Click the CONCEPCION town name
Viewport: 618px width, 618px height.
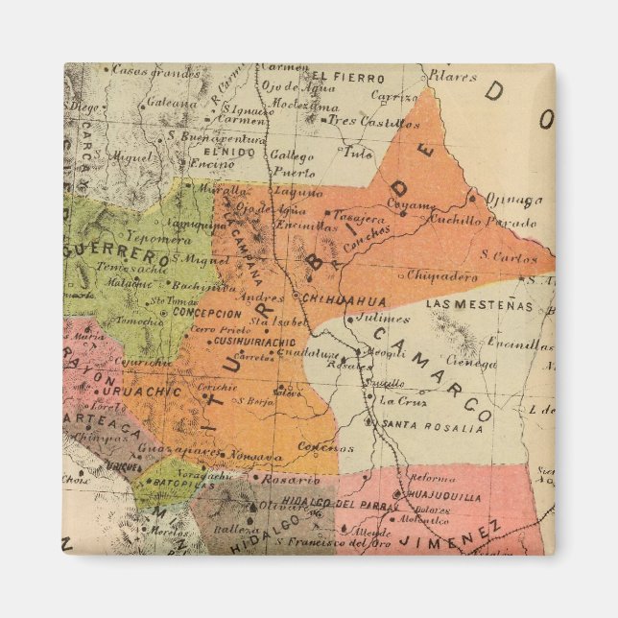[x=207, y=313]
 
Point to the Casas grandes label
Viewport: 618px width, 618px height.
[x=143, y=69]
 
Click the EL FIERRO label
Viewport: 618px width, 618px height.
[x=333, y=77]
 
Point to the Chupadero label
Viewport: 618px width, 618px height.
[x=442, y=276]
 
